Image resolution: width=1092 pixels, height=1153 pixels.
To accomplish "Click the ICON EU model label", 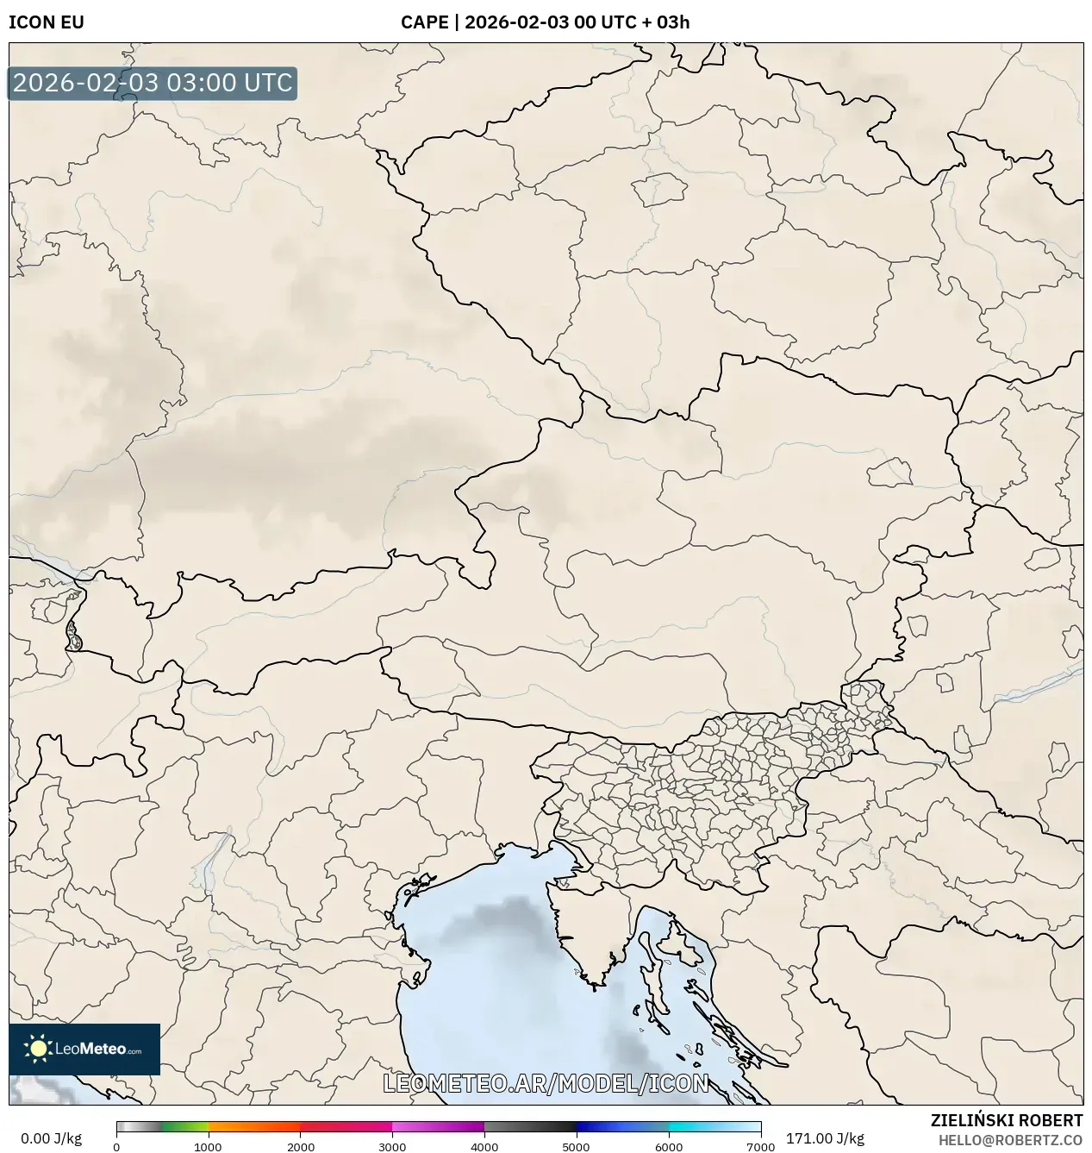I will point(47,22).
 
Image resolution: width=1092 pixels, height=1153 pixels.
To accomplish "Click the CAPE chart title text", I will point(545,22).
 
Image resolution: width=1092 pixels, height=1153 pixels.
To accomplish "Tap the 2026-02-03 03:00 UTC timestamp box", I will point(153,84).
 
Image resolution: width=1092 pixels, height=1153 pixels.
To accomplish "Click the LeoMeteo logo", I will point(84,1049).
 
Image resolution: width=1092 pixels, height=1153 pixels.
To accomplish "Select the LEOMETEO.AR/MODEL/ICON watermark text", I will point(546,1083).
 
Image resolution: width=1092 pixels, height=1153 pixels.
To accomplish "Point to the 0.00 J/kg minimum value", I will point(51,1138).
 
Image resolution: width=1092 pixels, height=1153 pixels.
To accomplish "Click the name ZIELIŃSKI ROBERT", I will point(1006,1120).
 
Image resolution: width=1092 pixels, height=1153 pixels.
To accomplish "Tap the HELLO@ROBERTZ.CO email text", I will point(1010,1140).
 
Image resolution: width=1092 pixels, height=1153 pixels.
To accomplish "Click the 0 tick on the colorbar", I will point(116,1147).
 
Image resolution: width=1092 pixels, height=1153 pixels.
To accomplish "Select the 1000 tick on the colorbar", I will point(208,1147).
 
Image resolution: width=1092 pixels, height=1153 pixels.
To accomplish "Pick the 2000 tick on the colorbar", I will point(300,1147).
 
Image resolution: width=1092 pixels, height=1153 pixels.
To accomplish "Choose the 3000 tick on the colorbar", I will point(392,1147).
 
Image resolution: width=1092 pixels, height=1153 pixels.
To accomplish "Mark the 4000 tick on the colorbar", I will point(484,1147).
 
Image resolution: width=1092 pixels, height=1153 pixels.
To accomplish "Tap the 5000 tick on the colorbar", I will point(577,1147).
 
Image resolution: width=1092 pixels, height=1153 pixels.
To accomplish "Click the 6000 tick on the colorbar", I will point(669,1147).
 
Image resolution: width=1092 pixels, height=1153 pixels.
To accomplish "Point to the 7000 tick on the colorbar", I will point(760,1147).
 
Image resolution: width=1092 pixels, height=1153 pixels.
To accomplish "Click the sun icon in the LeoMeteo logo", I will point(38,1049).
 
